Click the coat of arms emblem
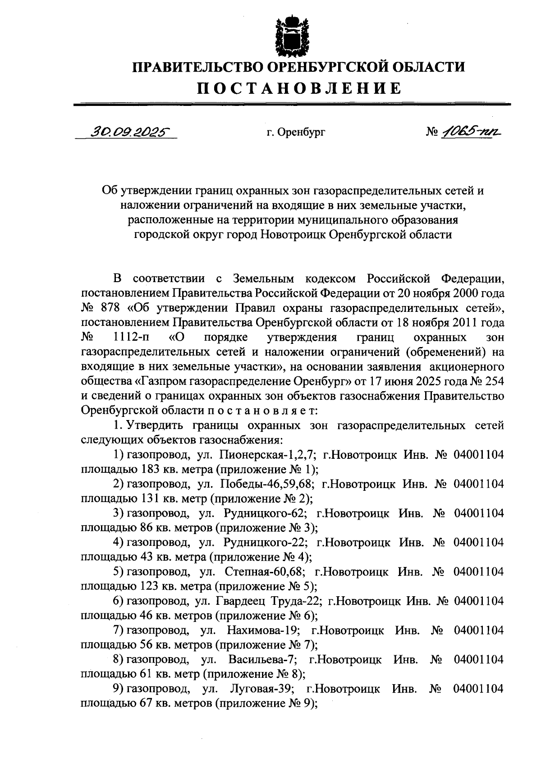(294, 36)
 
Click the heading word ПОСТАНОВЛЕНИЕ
(298, 88)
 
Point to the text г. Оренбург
(295, 132)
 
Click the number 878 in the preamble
(112, 308)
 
